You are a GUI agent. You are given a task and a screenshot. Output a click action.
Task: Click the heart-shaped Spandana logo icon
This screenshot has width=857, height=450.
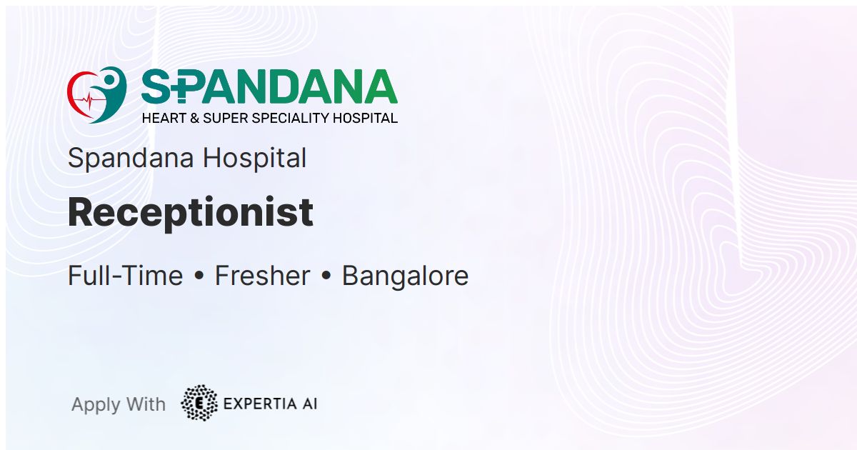point(97,95)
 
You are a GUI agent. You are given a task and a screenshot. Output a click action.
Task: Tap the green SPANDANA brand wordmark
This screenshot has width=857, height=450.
point(269,86)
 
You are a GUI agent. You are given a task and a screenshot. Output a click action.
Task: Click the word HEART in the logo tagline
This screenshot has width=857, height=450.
point(164,119)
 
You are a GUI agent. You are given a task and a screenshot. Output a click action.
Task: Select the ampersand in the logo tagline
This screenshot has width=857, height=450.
point(194,119)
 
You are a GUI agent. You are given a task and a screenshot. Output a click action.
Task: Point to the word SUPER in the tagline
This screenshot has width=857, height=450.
point(226,119)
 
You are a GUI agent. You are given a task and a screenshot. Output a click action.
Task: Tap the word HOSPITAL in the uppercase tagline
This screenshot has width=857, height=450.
point(366,119)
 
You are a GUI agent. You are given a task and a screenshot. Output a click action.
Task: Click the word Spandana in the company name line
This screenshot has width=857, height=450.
point(131,159)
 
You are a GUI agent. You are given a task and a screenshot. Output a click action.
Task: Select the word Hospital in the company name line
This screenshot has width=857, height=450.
point(254,159)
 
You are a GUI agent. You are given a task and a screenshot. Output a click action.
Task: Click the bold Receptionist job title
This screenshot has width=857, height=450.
point(191,213)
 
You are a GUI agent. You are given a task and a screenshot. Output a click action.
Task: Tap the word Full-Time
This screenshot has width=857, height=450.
point(125,276)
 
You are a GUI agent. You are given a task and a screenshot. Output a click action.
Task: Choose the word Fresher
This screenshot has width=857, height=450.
point(263,276)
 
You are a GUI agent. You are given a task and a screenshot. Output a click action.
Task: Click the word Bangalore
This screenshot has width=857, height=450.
point(405,276)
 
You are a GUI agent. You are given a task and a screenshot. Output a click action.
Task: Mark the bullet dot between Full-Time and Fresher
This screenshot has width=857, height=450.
point(199,276)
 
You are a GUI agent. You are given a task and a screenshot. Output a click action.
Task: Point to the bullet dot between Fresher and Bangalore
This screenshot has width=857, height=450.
point(326,276)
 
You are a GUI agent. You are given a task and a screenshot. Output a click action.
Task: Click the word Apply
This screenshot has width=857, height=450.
point(96,405)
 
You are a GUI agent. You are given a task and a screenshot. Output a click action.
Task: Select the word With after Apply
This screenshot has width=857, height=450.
point(146,404)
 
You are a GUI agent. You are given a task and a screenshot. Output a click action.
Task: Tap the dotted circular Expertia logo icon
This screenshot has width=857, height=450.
point(199,404)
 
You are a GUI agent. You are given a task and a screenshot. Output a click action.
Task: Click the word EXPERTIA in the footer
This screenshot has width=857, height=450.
point(260,404)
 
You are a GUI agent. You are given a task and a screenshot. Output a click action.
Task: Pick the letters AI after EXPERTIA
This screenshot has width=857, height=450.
point(310,404)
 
